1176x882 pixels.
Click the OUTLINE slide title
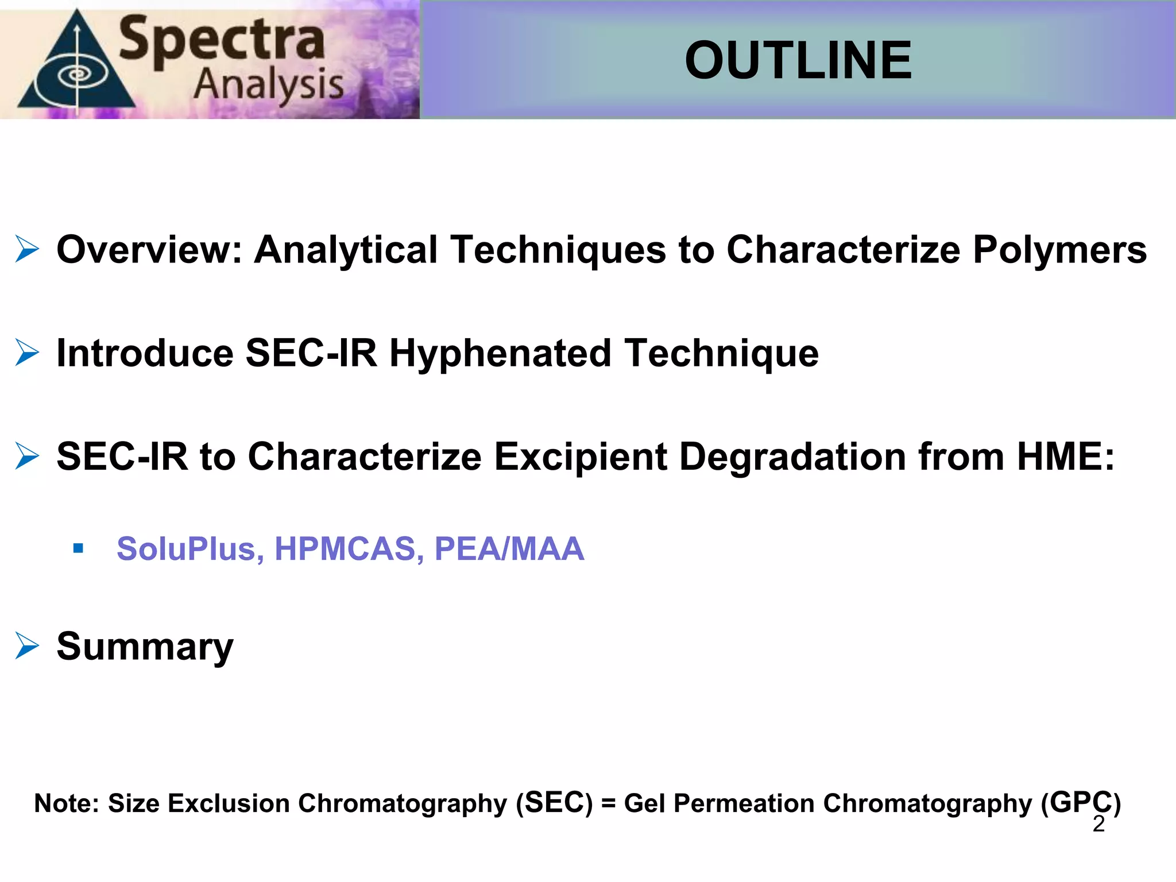tap(798, 60)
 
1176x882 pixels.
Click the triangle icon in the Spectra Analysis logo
tap(76, 69)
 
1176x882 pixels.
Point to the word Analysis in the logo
tap(268, 85)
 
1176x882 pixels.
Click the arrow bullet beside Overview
tap(27, 249)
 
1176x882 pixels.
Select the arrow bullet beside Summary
tap(27, 646)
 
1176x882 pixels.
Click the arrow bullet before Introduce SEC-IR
tap(27, 353)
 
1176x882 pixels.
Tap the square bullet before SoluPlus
tap(78, 548)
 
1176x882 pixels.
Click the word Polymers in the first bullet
tap(1059, 250)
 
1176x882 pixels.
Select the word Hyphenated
tap(500, 353)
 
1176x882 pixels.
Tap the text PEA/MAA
tap(509, 548)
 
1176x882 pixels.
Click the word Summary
tap(145, 647)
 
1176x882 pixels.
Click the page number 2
tap(1098, 824)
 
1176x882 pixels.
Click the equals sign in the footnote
tap(608, 803)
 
